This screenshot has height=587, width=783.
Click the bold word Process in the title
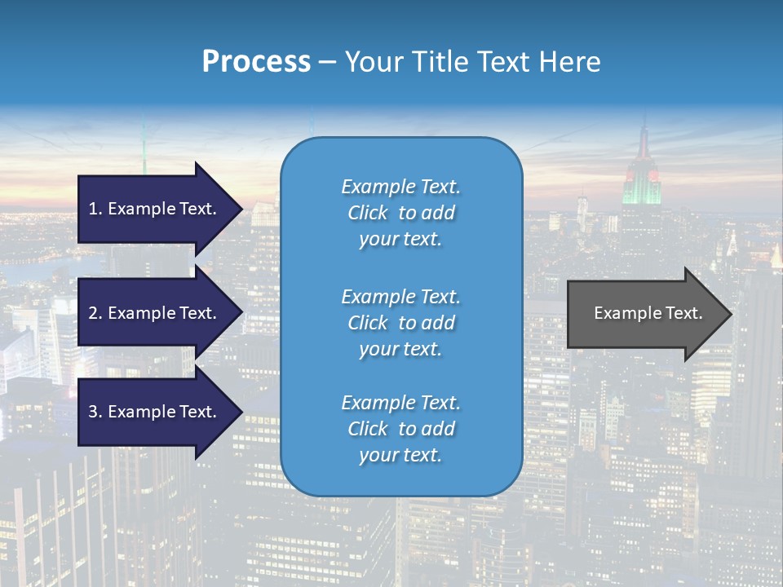(x=256, y=62)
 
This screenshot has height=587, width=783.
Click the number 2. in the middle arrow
(x=95, y=313)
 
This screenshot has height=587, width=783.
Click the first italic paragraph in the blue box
(x=400, y=213)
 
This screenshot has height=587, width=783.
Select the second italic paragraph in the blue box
(x=400, y=323)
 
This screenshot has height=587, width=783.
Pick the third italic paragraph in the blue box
(x=400, y=429)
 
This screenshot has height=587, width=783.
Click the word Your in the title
(x=372, y=62)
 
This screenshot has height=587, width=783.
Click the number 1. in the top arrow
(x=95, y=209)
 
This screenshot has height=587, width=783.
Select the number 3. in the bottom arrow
(x=95, y=412)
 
